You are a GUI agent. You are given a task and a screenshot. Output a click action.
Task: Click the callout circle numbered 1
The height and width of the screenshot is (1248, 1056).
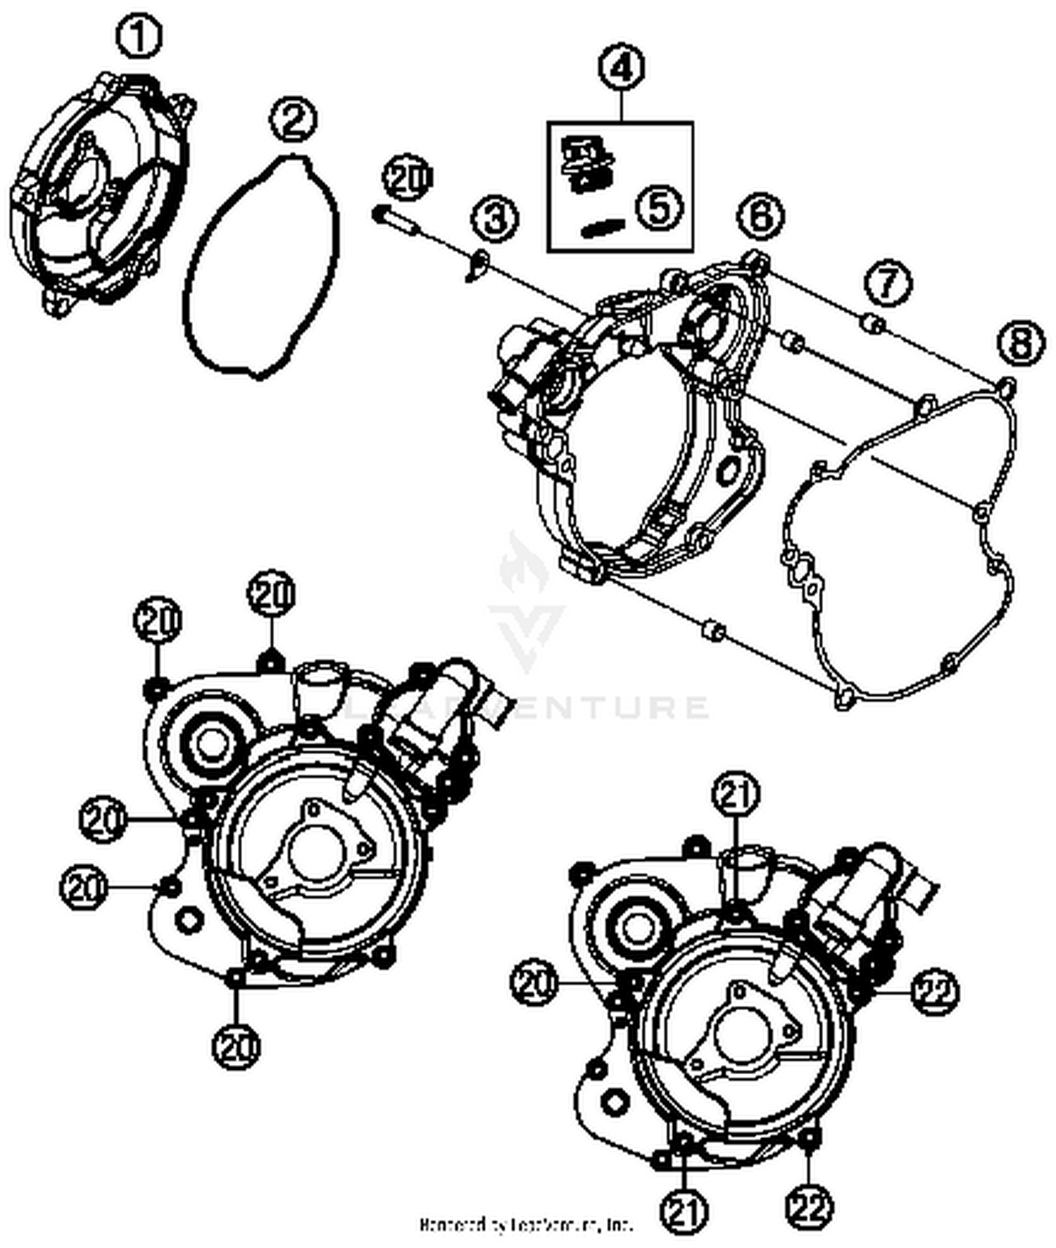click(139, 37)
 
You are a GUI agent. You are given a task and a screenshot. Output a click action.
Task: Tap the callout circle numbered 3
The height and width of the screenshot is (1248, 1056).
click(495, 218)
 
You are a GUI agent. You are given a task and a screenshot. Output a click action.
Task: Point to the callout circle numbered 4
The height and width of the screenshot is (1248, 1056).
click(622, 68)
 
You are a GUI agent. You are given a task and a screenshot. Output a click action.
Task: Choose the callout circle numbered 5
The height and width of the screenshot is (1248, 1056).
click(660, 208)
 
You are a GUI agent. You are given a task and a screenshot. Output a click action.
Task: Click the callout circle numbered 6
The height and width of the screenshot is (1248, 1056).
click(761, 214)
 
